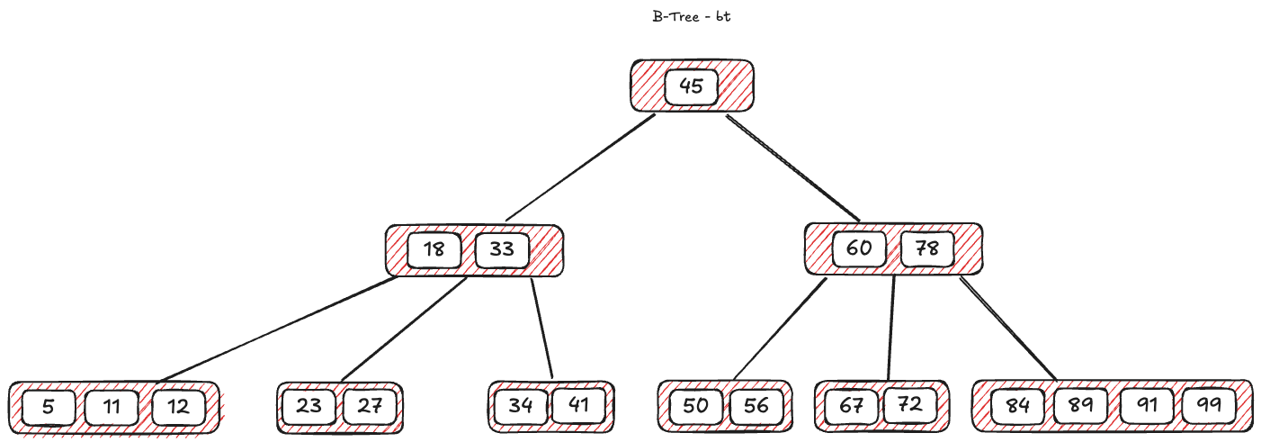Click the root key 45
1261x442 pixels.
(x=691, y=87)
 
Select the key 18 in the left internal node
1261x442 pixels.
(x=434, y=249)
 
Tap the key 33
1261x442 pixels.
(x=501, y=249)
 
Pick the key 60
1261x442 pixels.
(x=859, y=248)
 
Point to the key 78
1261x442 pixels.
(x=926, y=248)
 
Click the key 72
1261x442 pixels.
(x=910, y=405)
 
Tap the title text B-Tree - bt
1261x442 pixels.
(x=691, y=17)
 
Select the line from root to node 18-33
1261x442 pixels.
(x=580, y=167)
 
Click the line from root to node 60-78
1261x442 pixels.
(x=793, y=167)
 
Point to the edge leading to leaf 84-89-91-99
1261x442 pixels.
(x=1007, y=329)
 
